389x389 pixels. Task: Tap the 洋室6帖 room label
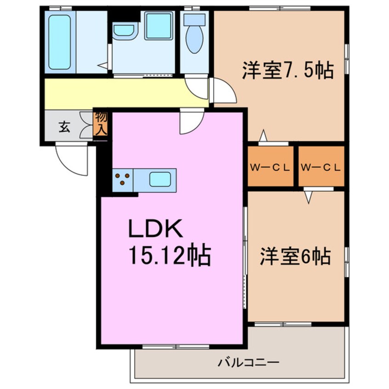(x=295, y=256)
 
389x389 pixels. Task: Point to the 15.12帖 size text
(x=170, y=256)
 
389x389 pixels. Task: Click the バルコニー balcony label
(x=248, y=362)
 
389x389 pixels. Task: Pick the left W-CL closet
(x=270, y=167)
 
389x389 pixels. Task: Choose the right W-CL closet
(x=321, y=167)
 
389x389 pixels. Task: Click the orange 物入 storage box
(x=101, y=123)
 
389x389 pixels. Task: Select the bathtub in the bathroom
(x=59, y=42)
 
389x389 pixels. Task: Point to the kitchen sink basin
(x=160, y=179)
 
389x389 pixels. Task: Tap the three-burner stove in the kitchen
(x=123, y=179)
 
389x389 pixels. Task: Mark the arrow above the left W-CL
(x=263, y=136)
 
